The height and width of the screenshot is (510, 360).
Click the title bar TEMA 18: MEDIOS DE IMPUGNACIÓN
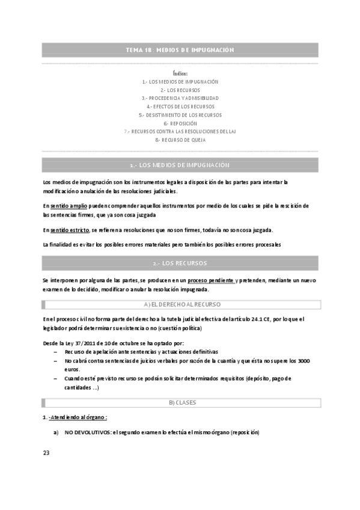180,50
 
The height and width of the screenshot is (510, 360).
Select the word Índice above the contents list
180,73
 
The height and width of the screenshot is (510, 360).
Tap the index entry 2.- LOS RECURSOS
180,90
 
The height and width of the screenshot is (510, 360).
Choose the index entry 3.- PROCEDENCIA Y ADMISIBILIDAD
180,98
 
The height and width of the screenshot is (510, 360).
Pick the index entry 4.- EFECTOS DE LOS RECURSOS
180,106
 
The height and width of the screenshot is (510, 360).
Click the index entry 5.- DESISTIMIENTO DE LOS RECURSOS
180,115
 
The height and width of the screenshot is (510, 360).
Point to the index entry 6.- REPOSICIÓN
180,123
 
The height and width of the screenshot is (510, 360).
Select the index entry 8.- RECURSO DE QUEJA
180,140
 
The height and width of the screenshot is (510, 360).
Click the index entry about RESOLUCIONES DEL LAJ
180,131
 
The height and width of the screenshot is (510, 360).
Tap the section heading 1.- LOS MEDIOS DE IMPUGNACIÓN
180,165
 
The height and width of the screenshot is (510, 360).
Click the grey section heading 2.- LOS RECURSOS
180,263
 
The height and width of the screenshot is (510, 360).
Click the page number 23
46,453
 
